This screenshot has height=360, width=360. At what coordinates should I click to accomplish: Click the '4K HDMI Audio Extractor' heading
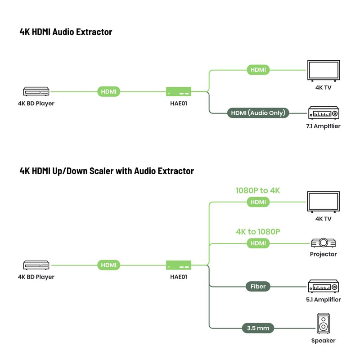pyautogui.click(x=66, y=32)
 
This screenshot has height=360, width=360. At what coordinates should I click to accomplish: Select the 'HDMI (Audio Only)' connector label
pyautogui.click(x=258, y=113)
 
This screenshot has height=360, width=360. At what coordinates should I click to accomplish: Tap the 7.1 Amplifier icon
pyautogui.click(x=323, y=112)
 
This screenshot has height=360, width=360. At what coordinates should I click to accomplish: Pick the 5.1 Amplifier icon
pyautogui.click(x=323, y=286)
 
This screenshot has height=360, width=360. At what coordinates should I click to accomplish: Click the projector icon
pyautogui.click(x=323, y=243)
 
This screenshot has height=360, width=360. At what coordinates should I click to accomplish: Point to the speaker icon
pyautogui.click(x=323, y=324)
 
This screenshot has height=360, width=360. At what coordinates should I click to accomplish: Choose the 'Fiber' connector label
pyautogui.click(x=258, y=286)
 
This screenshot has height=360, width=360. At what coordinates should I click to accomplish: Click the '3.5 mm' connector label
pyautogui.click(x=258, y=328)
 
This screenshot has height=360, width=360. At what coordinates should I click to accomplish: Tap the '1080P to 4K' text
pyautogui.click(x=258, y=190)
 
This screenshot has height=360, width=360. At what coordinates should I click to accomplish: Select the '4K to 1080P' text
pyautogui.click(x=258, y=232)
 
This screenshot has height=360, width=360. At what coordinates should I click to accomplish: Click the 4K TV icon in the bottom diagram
pyautogui.click(x=323, y=202)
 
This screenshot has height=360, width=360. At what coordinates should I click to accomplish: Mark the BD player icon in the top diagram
pyautogui.click(x=36, y=91)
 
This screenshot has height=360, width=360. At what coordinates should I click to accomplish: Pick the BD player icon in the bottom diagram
pyautogui.click(x=36, y=265)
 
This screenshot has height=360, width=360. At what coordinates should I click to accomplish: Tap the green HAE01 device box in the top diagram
pyautogui.click(x=179, y=91)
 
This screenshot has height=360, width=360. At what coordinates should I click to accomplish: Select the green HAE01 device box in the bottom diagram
pyautogui.click(x=179, y=265)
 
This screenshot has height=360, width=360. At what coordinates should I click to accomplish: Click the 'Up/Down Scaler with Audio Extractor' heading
pyautogui.click(x=107, y=171)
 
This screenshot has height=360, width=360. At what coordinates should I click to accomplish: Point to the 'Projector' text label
pyautogui.click(x=323, y=254)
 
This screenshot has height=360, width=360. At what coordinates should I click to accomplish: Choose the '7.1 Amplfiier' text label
pyautogui.click(x=323, y=126)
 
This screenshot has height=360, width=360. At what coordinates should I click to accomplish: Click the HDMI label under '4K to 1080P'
pyautogui.click(x=258, y=243)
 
